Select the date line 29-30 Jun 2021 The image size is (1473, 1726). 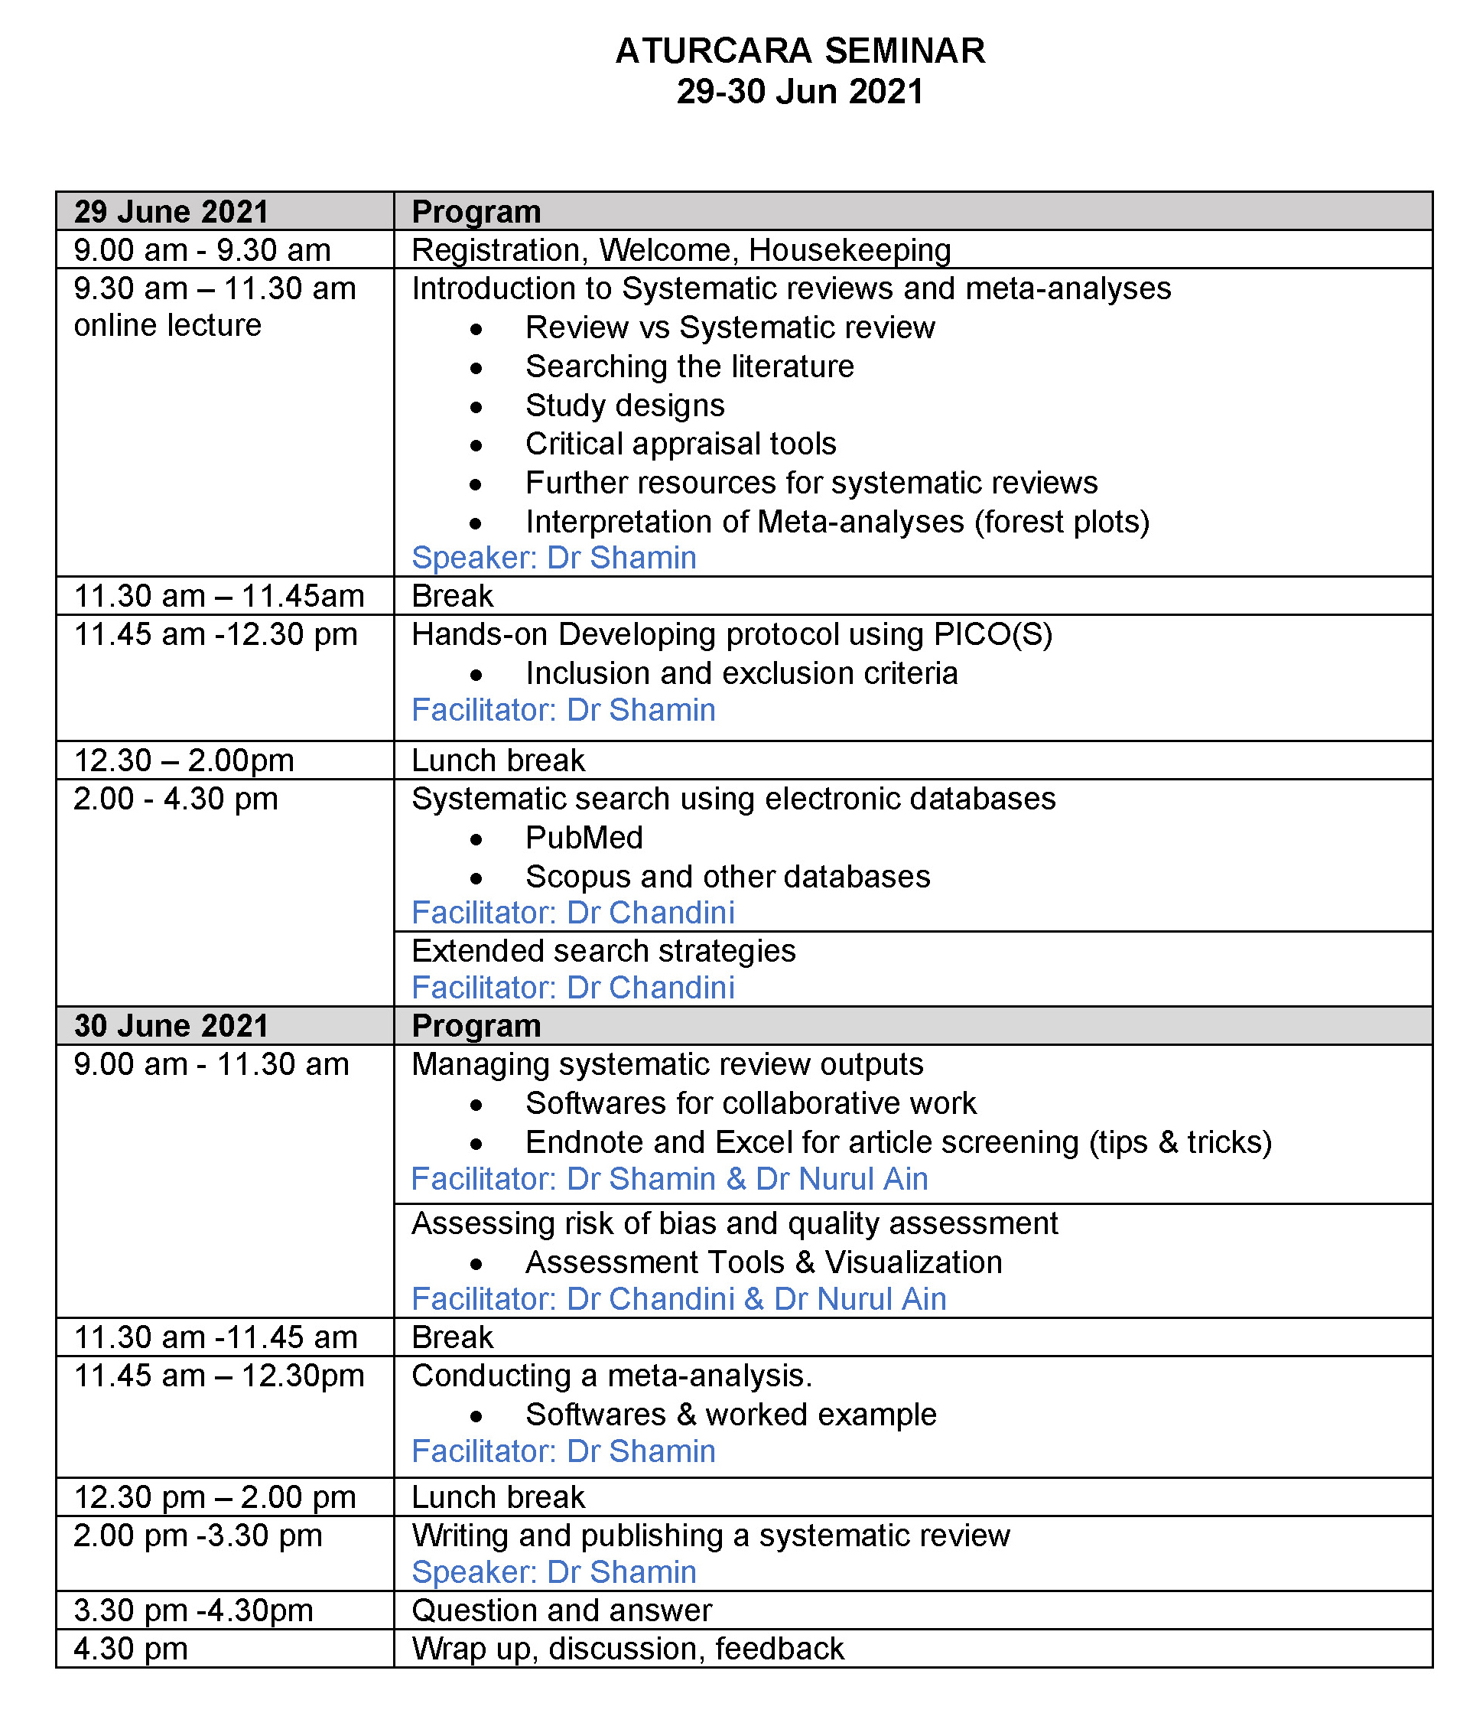tap(799, 92)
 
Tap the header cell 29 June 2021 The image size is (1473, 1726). tap(171, 212)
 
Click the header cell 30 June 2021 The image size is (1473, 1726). tap(171, 1025)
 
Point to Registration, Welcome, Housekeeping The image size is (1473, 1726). tap(681, 250)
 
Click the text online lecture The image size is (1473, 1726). tap(167, 325)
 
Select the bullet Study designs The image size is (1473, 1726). tap(625, 405)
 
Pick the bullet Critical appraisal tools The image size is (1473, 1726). tap(681, 444)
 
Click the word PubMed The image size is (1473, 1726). tap(584, 837)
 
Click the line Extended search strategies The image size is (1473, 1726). tap(603, 950)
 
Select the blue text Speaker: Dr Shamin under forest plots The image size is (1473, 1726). tap(554, 557)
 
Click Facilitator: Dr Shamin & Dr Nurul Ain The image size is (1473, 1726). tap(668, 1179)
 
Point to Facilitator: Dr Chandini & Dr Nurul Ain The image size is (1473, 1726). tap(678, 1298)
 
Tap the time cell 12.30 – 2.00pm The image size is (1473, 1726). tap(184, 760)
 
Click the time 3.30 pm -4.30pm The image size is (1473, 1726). tap(193, 1610)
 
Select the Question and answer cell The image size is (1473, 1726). tap(561, 1610)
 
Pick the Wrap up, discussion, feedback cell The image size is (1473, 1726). tap(628, 1649)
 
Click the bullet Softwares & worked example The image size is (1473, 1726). tap(730, 1415)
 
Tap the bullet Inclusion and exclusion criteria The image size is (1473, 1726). tap(741, 673)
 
